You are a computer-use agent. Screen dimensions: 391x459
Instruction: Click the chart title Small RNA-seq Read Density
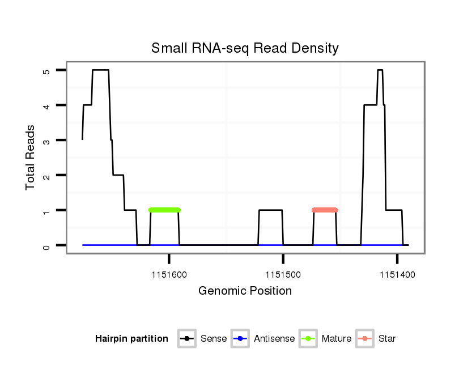245,48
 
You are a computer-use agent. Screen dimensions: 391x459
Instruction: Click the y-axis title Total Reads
31,158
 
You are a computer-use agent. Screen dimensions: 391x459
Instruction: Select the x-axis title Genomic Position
245,291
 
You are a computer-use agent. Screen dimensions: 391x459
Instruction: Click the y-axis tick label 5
46,71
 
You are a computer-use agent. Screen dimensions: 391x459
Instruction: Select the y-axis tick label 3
46,141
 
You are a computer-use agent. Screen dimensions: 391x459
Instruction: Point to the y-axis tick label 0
46,245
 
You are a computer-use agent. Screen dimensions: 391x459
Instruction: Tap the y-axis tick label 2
46,176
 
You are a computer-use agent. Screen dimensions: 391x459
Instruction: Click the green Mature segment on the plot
164,210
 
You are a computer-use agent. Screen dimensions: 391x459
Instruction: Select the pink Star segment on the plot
325,210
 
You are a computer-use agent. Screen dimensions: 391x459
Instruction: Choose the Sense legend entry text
214,339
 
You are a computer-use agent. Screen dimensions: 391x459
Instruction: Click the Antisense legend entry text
274,339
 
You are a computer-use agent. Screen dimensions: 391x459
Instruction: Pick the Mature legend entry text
336,339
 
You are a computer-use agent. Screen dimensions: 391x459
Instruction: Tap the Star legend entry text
387,339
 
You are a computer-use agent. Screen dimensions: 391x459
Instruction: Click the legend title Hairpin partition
131,339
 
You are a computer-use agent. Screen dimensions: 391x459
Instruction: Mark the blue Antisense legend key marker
240,339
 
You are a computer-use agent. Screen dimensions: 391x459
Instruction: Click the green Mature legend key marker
308,339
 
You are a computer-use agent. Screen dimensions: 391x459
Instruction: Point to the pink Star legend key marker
365,339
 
